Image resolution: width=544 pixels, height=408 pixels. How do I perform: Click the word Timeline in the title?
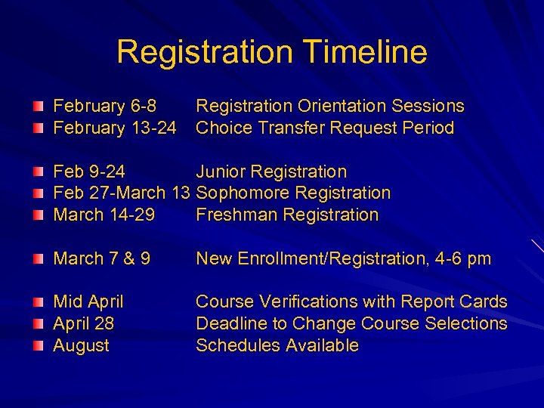365,52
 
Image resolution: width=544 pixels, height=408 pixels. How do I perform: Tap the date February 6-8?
104,107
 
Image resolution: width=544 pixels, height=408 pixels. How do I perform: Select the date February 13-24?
115,128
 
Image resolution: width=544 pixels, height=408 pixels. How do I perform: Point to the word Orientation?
335,107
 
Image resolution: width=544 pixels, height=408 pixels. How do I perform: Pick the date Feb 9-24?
89,172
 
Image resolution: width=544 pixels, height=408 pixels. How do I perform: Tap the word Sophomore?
240,193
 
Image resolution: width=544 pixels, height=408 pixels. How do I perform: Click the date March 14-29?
104,215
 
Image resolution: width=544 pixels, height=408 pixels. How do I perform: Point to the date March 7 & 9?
101,259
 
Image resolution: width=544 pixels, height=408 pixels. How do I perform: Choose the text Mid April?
88,302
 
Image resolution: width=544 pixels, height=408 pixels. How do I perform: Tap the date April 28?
83,323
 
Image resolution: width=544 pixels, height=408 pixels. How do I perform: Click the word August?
81,346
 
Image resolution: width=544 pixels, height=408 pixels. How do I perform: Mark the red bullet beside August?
38,346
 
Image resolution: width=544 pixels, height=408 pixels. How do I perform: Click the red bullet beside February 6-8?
38,107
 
